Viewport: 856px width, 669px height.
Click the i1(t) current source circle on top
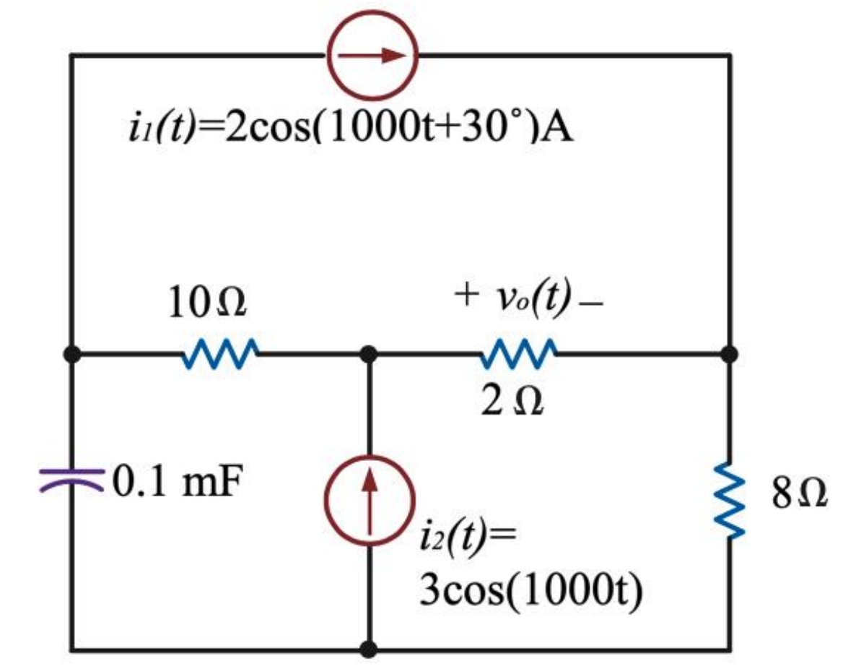tap(371, 56)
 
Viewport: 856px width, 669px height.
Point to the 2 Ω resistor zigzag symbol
tap(518, 354)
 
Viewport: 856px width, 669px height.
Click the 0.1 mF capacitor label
tap(176, 482)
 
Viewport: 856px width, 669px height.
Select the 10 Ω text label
tap(208, 304)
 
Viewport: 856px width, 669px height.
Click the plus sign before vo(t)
tap(464, 296)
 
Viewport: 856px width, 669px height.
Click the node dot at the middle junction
tap(369, 354)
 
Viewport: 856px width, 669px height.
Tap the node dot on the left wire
tap(71, 354)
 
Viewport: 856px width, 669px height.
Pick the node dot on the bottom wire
tap(369, 649)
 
